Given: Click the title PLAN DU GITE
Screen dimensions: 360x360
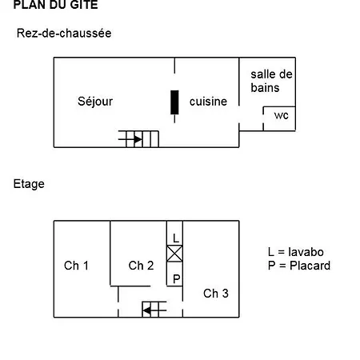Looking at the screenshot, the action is point(55,5).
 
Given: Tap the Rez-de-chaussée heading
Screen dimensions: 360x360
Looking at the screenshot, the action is point(64,34).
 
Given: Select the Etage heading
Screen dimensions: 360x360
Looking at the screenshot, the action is point(29,184).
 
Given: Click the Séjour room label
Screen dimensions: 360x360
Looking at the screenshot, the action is point(95,102).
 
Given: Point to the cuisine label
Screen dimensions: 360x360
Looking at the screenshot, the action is point(208,102).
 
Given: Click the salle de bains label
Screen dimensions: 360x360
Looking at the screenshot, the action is point(271,81).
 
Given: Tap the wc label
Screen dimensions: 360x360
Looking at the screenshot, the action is point(282,115).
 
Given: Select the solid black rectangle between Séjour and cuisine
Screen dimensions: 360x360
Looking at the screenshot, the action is point(174,102).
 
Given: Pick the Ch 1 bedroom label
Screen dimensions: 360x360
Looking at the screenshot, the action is point(76,266).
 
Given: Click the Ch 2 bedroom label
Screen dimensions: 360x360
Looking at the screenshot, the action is point(141,266).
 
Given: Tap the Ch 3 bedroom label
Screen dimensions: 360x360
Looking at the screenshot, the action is point(216,294).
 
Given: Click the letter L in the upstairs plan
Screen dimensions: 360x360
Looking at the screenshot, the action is point(176,238).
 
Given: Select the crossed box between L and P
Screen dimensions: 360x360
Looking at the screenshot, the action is point(174,254).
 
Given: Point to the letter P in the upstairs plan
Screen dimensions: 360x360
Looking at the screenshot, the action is point(176,279).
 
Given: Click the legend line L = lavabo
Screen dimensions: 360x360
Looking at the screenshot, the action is point(296,252).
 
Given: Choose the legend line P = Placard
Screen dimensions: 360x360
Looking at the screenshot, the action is point(299,266).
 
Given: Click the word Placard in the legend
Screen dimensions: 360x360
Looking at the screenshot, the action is point(310,266).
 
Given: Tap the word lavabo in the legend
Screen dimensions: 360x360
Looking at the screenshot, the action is point(306,252).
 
